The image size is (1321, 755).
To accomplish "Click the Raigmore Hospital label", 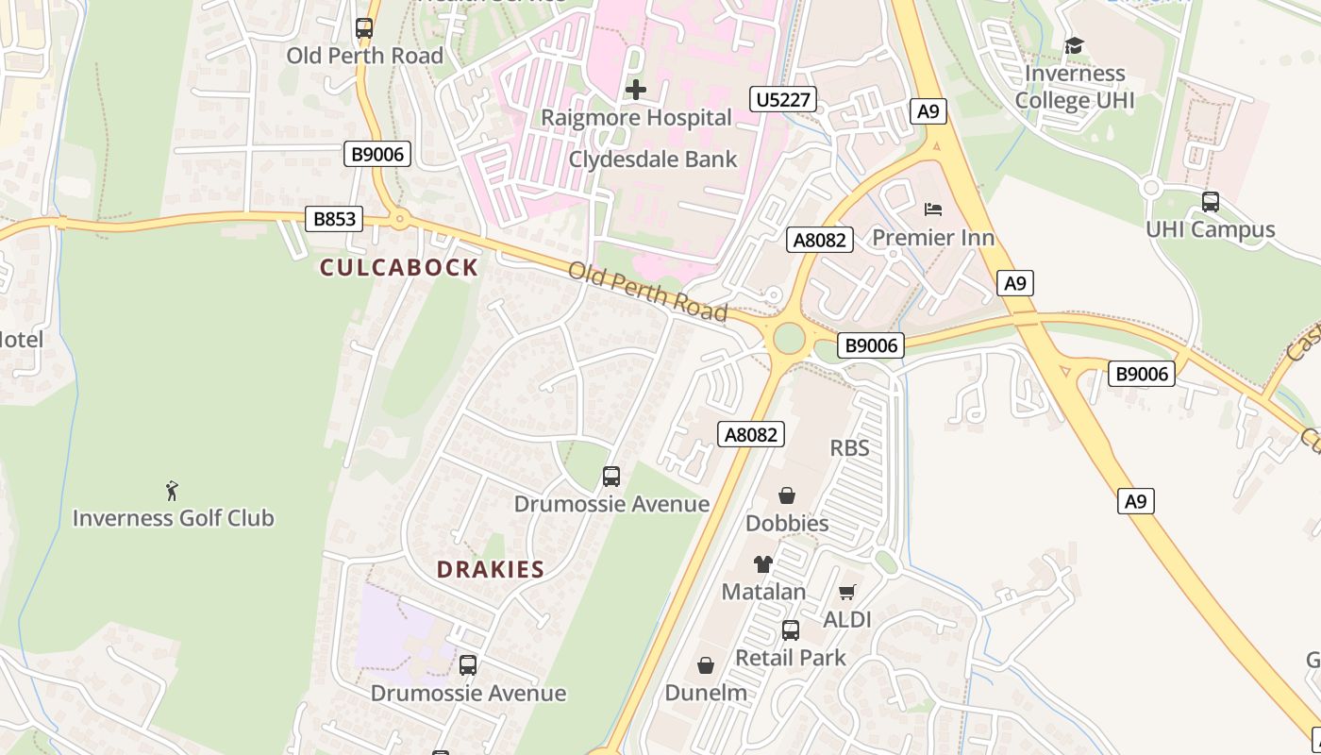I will [x=636, y=118].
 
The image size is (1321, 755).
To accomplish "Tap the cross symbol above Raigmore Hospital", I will [x=636, y=91].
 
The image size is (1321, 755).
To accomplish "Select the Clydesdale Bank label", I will [x=653, y=159].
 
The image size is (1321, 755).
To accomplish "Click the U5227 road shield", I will [x=783, y=99].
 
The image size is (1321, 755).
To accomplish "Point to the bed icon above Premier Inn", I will [x=933, y=209].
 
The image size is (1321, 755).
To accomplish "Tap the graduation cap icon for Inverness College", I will [x=1074, y=46].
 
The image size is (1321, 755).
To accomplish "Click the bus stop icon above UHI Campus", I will [x=1210, y=201].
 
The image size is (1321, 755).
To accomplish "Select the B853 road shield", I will [x=335, y=220].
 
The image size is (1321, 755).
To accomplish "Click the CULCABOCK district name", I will [x=399, y=268].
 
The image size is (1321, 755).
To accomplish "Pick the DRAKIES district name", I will [x=491, y=569].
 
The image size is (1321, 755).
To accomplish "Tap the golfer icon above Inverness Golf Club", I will [x=172, y=491].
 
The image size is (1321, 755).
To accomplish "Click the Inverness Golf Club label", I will [x=173, y=518].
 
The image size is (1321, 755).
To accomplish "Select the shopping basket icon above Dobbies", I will [x=787, y=495].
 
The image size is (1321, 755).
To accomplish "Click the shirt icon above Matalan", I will [x=763, y=564].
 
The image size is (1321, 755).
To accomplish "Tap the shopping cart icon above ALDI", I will [x=847, y=593].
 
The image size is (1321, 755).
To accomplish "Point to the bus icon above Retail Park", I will [x=791, y=629].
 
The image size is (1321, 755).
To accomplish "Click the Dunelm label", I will [x=706, y=693].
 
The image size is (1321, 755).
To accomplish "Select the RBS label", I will [x=849, y=447].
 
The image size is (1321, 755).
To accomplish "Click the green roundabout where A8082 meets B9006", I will [x=789, y=338].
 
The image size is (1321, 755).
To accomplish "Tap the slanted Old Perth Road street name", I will [x=647, y=292].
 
